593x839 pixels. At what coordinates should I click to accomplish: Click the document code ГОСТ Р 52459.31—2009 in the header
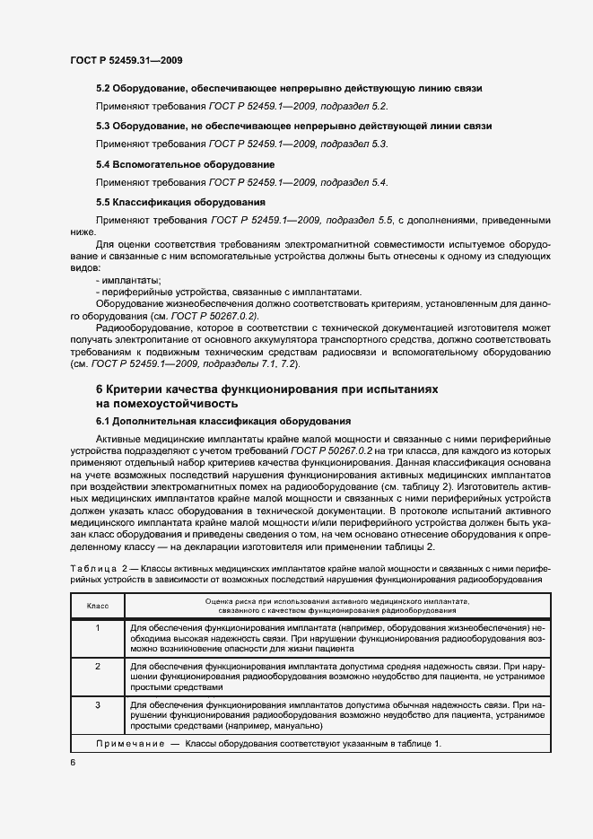tap(126, 60)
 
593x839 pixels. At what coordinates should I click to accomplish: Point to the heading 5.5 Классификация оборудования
tap(180, 202)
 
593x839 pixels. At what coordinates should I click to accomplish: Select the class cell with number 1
tap(97, 627)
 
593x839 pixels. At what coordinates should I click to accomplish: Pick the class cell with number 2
tap(97, 667)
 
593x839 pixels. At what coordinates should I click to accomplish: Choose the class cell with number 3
tap(97, 706)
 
